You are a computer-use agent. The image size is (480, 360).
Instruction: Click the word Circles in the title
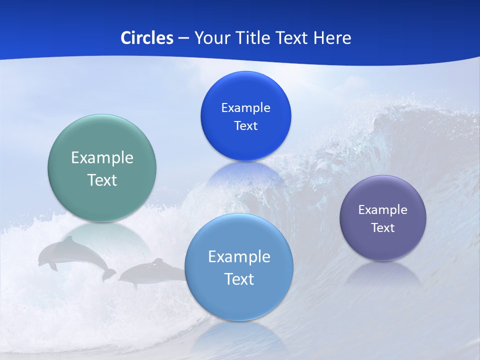pyautogui.click(x=146, y=38)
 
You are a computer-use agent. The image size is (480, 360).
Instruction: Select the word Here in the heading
pyautogui.click(x=332, y=38)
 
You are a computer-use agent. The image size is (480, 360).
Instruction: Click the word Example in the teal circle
pyautogui.click(x=102, y=158)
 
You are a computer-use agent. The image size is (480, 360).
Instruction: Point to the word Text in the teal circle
pyautogui.click(x=102, y=180)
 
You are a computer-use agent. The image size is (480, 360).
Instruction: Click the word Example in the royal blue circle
pyautogui.click(x=245, y=108)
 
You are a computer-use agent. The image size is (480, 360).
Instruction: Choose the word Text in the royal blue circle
pyautogui.click(x=245, y=126)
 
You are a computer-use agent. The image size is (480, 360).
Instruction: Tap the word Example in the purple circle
pyautogui.click(x=383, y=210)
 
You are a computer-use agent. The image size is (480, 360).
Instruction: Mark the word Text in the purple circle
pyautogui.click(x=383, y=228)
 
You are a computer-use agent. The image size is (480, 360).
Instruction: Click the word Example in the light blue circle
pyautogui.click(x=239, y=257)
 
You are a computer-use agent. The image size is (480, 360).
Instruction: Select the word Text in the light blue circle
pyautogui.click(x=239, y=279)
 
